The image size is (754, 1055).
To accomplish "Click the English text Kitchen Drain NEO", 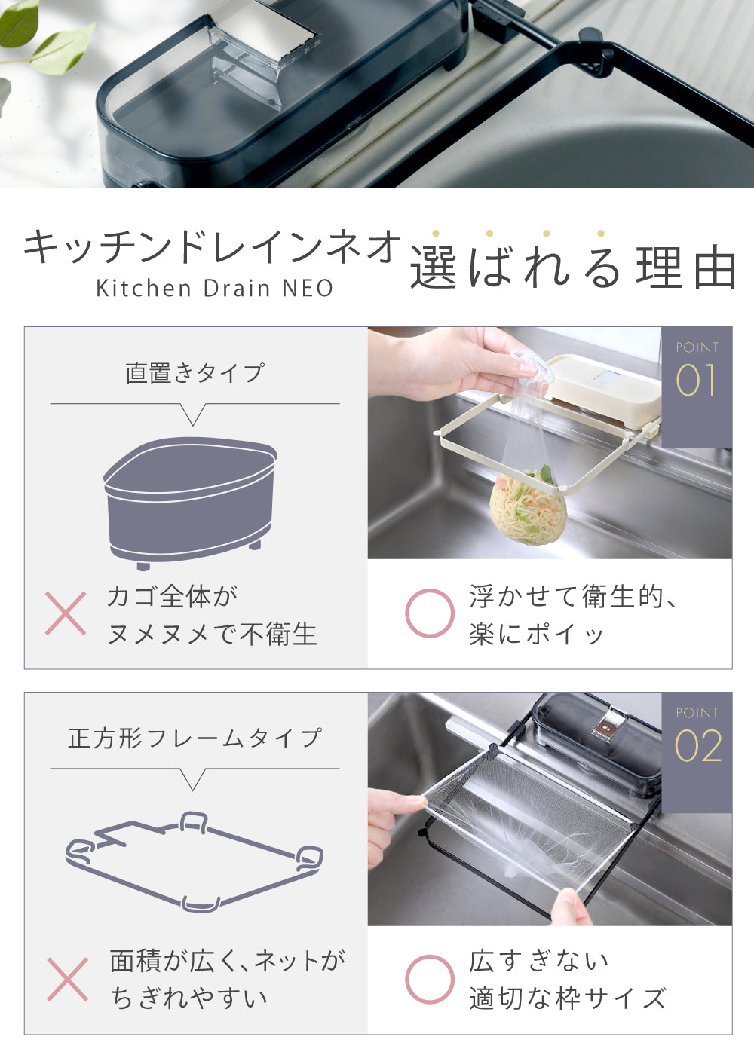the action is coord(215,288).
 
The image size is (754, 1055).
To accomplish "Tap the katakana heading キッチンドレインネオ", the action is coord(212,247).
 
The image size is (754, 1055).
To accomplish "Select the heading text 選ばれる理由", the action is coord(573,267).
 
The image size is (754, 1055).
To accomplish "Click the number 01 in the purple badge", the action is coord(696,380).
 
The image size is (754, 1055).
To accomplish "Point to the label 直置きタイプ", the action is coord(195,373).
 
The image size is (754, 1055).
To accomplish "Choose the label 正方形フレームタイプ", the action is coord(195,738).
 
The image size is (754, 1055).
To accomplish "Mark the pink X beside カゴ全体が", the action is coord(66,613).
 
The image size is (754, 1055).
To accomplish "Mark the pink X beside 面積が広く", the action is coord(68,979).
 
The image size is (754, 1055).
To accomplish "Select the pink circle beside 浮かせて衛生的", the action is coord(430,613).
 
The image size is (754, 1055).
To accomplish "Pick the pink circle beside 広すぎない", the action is coord(430,979).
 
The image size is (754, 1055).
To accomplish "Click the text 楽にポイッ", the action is coord(536,634).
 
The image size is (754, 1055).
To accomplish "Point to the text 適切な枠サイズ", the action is coord(567,998).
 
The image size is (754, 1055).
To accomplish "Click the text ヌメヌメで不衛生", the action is coord(212,634).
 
